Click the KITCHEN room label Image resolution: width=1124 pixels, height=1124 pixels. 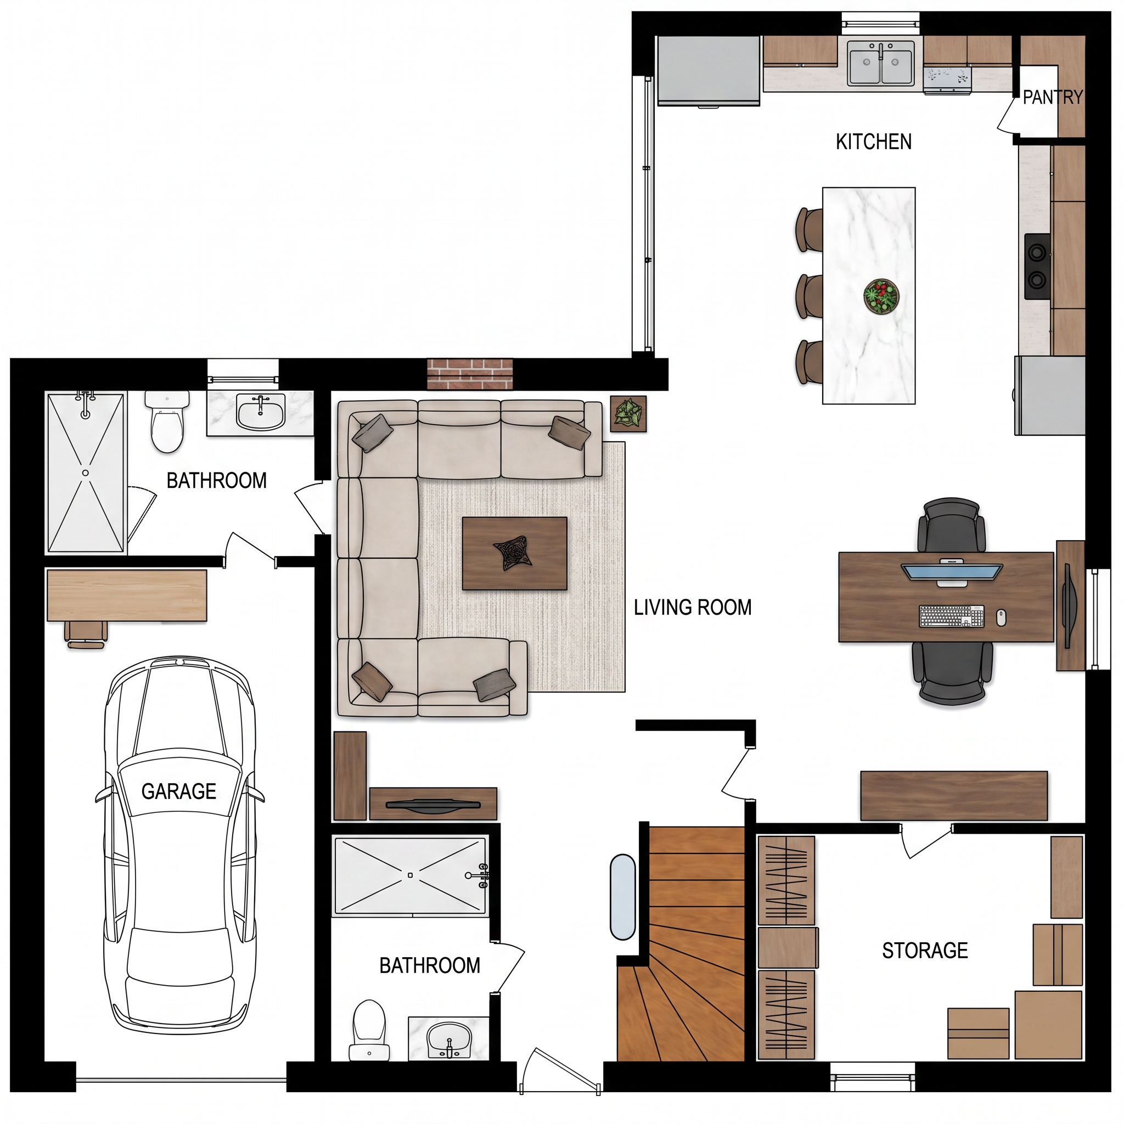pyautogui.click(x=873, y=142)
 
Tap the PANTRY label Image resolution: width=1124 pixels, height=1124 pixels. pyautogui.click(x=1053, y=97)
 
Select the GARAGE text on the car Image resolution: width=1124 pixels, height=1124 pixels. pyautogui.click(x=178, y=791)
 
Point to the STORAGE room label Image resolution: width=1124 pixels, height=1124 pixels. pyautogui.click(x=925, y=951)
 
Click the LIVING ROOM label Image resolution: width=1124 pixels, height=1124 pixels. pyautogui.click(x=692, y=608)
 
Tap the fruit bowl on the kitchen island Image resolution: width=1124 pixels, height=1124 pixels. pyautogui.click(x=881, y=297)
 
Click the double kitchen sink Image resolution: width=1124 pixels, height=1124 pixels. pyautogui.click(x=881, y=63)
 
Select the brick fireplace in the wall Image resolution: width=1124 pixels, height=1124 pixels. pyautogui.click(x=470, y=374)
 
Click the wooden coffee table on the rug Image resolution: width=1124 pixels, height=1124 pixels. pyautogui.click(x=514, y=553)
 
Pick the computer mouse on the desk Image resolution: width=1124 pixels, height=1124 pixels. pyautogui.click(x=1001, y=617)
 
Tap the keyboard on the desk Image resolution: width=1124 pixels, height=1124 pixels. pyautogui.click(x=951, y=616)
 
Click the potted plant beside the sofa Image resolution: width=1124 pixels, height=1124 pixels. pyautogui.click(x=628, y=414)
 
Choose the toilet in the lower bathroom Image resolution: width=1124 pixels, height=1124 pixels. pyautogui.click(x=369, y=1030)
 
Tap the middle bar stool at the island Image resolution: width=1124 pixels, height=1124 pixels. pyautogui.click(x=808, y=297)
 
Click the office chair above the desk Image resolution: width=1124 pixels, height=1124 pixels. pyautogui.click(x=951, y=525)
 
